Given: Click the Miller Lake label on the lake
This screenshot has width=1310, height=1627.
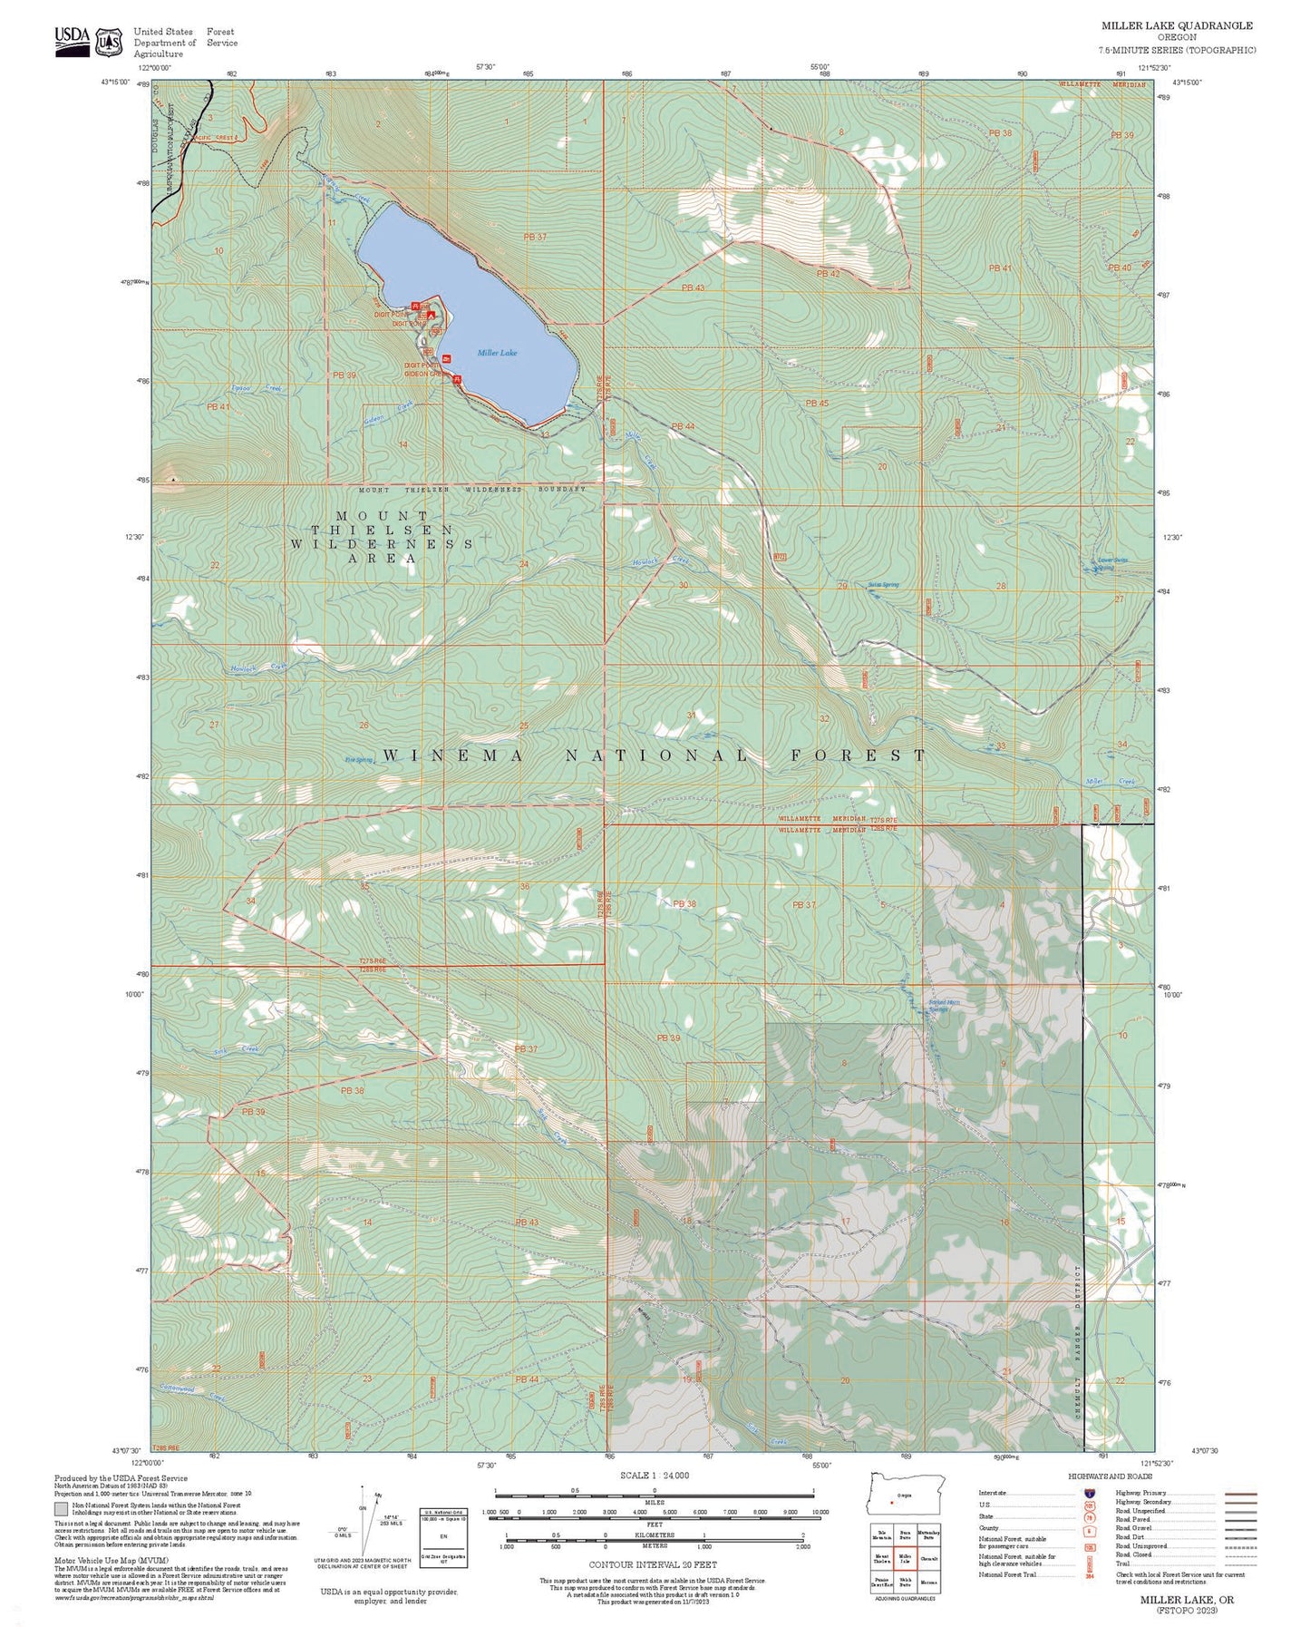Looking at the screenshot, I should [x=497, y=353].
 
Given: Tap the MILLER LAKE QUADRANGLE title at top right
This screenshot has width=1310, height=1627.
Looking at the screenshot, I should [x=1177, y=26].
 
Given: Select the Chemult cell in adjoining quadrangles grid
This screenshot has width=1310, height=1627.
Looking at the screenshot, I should [x=928, y=1559].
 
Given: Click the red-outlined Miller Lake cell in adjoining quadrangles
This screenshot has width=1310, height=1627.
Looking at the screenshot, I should [x=905, y=1559].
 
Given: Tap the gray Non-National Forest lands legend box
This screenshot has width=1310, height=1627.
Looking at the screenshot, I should [x=61, y=1510].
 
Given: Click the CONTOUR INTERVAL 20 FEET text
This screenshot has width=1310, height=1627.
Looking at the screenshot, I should [x=653, y=1564].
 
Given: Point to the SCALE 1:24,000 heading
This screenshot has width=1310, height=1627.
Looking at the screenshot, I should [x=655, y=1475].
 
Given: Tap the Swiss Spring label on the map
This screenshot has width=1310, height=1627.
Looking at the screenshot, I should [x=883, y=585].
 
